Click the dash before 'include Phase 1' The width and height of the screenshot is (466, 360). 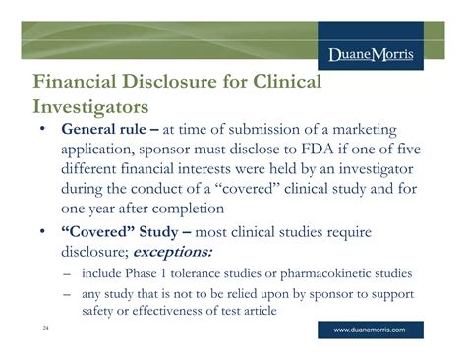pos(65,272)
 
